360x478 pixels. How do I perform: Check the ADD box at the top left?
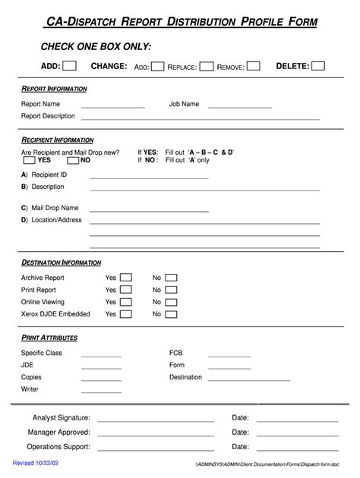pyautogui.click(x=69, y=66)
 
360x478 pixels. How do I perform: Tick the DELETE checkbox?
pyautogui.click(x=318, y=66)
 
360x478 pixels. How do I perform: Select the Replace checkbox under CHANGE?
pyautogui.click(x=206, y=67)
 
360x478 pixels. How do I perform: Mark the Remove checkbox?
pyautogui.click(x=253, y=67)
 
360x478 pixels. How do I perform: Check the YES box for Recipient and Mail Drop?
pyautogui.click(x=28, y=160)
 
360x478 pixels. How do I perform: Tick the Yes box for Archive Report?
pyautogui.click(x=126, y=278)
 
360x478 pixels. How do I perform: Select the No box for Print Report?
pyautogui.click(x=172, y=290)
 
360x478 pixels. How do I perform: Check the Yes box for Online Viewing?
pyautogui.click(x=126, y=302)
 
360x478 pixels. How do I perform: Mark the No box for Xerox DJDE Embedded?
pyautogui.click(x=172, y=314)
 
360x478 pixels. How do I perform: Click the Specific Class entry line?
pyautogui.click(x=101, y=355)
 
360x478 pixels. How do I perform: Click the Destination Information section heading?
pyautogui.click(x=61, y=263)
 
